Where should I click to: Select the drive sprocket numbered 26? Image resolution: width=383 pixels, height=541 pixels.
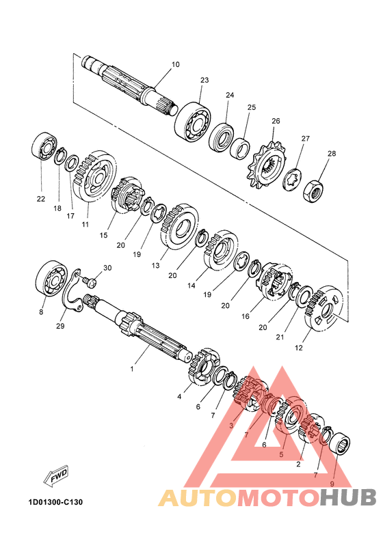point(266,165)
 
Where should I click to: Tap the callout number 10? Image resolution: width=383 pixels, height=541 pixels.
point(176,64)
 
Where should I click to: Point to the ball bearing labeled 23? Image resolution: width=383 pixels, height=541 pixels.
point(192,122)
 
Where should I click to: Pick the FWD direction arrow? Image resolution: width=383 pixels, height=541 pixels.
point(56,476)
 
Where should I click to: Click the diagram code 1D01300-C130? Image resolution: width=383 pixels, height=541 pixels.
point(55,501)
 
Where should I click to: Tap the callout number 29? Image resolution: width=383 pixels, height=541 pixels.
point(60,325)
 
